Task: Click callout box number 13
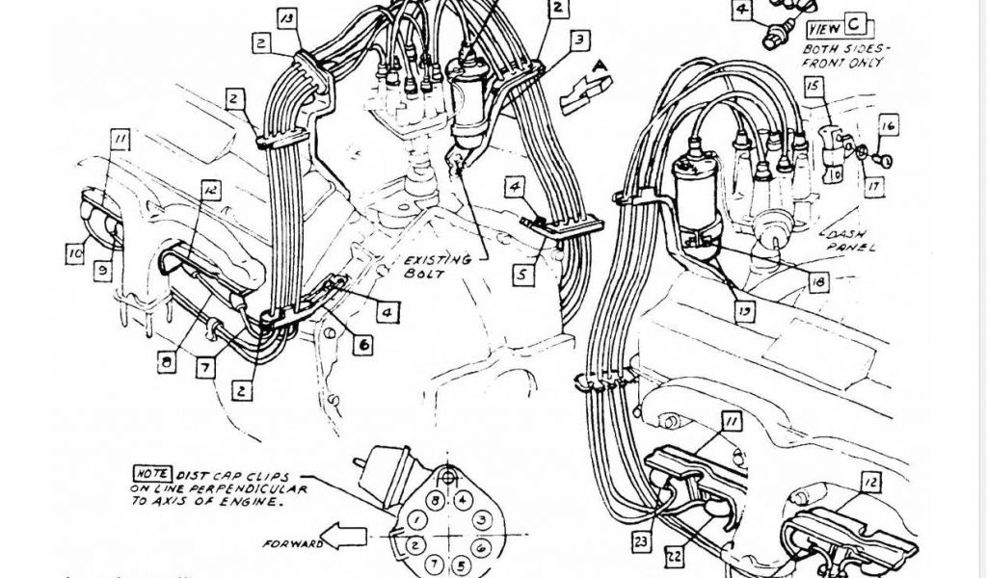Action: pos(287,18)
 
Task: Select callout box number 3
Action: pos(578,39)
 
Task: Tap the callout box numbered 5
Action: pos(521,274)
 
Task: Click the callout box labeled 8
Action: pos(167,363)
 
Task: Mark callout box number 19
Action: pos(744,311)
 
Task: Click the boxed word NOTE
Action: pos(153,474)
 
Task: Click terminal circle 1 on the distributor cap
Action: pos(414,521)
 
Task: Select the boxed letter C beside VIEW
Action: pos(855,25)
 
